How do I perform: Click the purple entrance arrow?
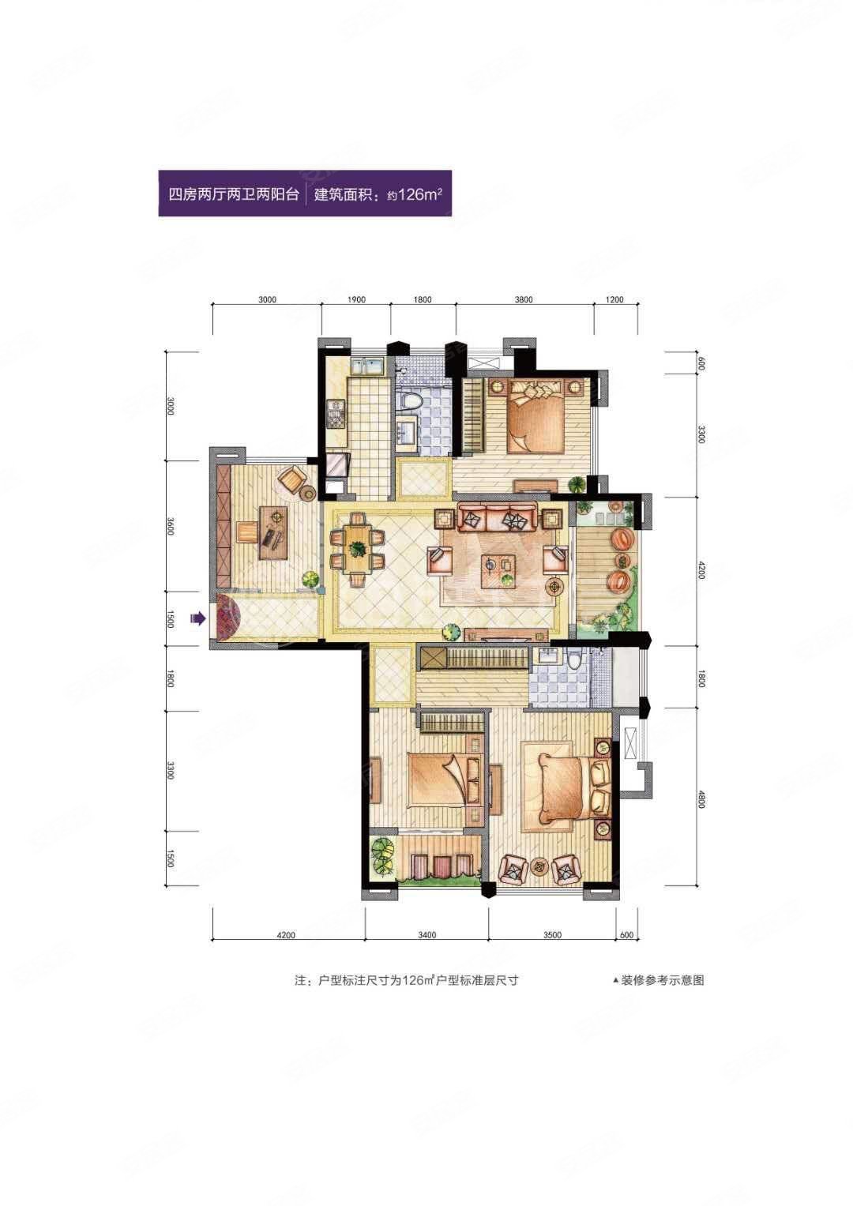point(197,619)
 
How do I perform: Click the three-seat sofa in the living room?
point(497,520)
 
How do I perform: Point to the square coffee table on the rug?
point(500,566)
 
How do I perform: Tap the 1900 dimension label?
point(355,300)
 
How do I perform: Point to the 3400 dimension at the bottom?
point(426,935)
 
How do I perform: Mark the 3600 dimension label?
point(170,526)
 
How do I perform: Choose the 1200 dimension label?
point(615,300)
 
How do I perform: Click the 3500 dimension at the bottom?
point(552,935)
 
